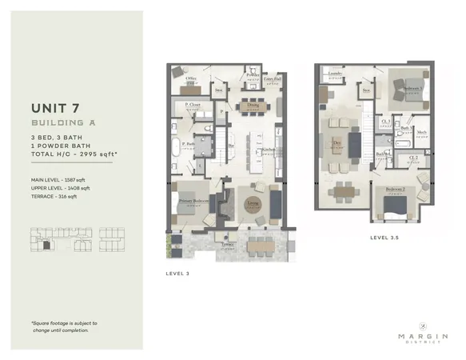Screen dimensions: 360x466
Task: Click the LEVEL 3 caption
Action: point(177,273)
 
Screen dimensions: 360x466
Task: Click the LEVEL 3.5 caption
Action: point(385,238)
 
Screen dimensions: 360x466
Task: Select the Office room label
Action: point(192,78)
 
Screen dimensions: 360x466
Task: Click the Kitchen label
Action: point(269,150)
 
